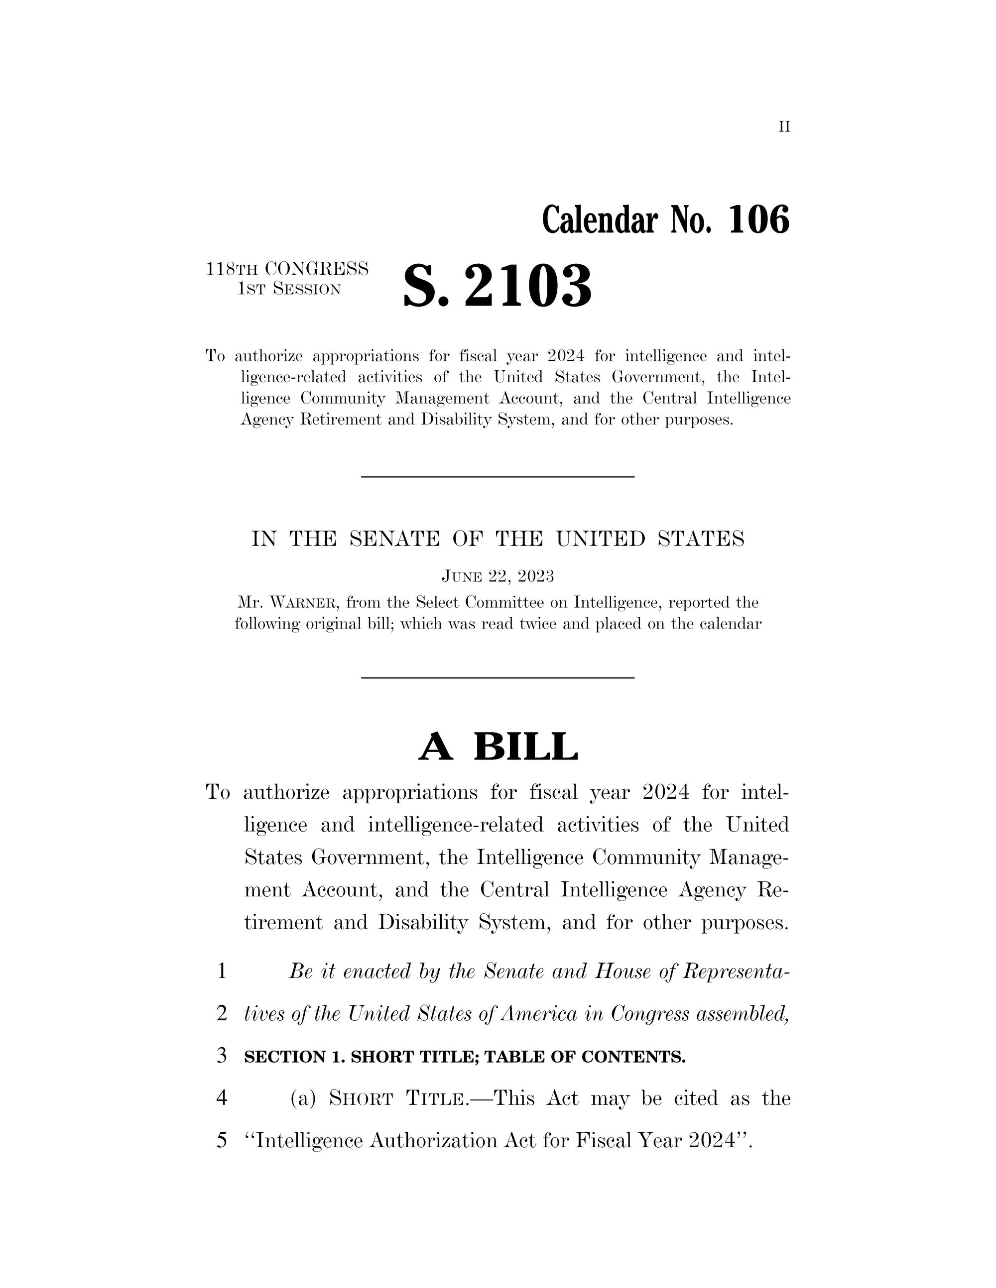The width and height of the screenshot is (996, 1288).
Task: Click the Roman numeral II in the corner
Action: [x=783, y=127]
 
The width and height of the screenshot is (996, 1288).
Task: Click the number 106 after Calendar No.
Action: [x=759, y=220]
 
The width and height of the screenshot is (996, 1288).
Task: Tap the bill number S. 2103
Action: [x=498, y=286]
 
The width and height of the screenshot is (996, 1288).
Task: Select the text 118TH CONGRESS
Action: [x=287, y=269]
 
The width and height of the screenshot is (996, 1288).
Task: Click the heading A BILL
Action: [x=498, y=747]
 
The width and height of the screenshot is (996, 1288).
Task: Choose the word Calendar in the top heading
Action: [x=600, y=220]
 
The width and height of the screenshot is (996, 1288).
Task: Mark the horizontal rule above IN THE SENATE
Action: [x=498, y=476]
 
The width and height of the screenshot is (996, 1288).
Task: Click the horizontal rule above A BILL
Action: [x=498, y=678]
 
